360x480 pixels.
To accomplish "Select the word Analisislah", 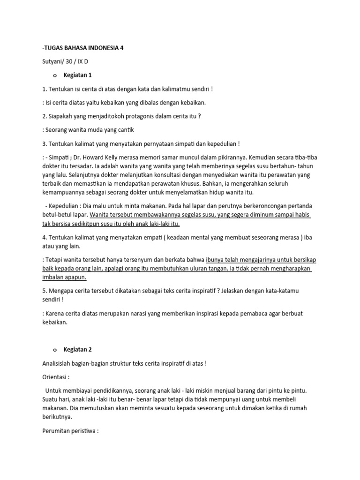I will [x=59, y=363].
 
